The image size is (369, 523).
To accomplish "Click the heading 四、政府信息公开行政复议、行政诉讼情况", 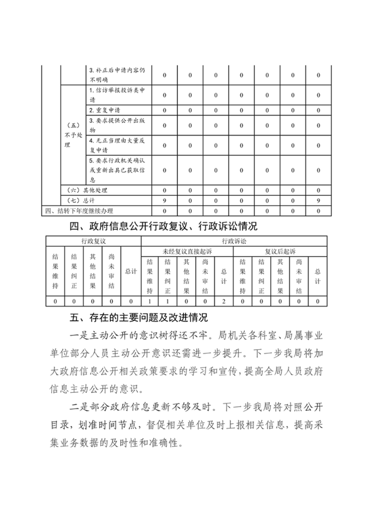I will (x=163, y=226).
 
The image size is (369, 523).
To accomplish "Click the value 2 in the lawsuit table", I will (x=224, y=301).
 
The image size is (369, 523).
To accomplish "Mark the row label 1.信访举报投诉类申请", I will (x=117, y=95).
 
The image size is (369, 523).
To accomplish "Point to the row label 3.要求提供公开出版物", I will (x=117, y=125).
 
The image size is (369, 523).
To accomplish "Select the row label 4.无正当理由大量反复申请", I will (x=117, y=145).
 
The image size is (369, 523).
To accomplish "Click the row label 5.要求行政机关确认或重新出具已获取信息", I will (x=117, y=170).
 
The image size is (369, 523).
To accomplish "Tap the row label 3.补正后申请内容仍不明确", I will (x=117, y=75).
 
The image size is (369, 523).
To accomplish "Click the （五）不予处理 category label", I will (x=73, y=135).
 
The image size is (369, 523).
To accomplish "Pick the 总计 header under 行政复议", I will (x=131, y=272).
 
